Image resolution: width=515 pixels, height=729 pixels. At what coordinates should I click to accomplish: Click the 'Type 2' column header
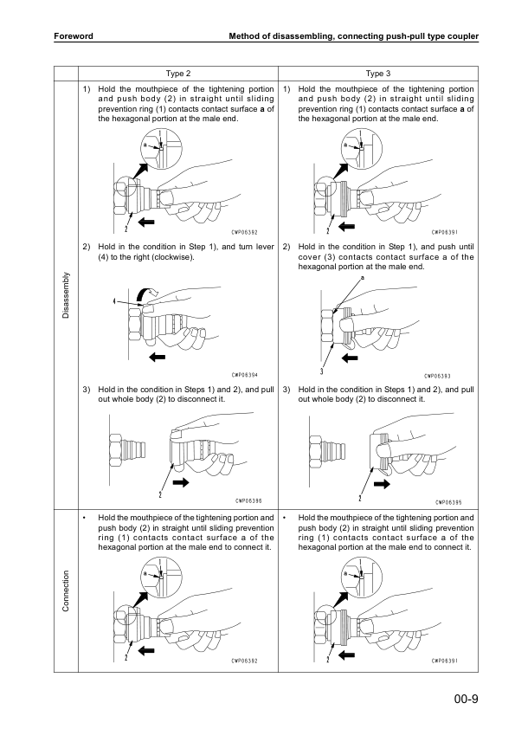pos(178,74)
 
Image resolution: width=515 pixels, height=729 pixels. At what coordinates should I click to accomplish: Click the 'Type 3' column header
pos(378,74)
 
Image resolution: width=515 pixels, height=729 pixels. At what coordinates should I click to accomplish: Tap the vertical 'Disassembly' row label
pos(66,295)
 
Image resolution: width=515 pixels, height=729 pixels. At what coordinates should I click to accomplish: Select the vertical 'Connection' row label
pos(66,591)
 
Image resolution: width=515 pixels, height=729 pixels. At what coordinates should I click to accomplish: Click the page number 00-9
pos(467,699)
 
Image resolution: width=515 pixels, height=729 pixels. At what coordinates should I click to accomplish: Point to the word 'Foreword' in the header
pos(74,35)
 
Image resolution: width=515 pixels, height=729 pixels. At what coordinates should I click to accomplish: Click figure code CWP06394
pos(244,375)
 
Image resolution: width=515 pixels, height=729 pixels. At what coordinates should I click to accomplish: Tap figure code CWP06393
pos(437,376)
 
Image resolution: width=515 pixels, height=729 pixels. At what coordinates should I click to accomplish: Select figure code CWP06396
pos(248,501)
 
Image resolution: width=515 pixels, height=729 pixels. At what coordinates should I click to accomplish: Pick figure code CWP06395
pos(448,502)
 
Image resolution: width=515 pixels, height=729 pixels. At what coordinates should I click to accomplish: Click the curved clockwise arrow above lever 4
pos(149,293)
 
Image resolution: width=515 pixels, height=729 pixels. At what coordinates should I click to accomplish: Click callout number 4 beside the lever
pos(114,301)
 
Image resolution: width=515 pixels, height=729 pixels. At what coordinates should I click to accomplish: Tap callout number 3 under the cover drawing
pos(322,371)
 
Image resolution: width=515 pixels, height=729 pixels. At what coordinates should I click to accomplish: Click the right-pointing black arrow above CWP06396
pos(181,482)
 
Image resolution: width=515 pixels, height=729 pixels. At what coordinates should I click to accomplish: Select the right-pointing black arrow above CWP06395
pos(382,484)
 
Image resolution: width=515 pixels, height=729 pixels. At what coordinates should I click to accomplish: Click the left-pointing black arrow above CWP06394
pos(158,357)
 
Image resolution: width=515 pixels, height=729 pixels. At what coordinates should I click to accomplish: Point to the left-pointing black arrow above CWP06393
pos(350,358)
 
